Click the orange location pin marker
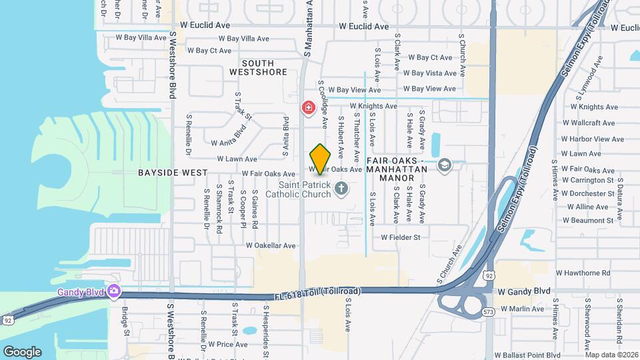[321, 159]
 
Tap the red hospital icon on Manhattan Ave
[308, 107]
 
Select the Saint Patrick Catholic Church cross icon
[341, 189]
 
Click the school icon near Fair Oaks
[445, 165]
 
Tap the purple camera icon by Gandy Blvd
[115, 291]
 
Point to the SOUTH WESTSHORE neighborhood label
[258, 67]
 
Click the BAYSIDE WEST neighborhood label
[163, 172]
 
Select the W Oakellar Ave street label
[270, 245]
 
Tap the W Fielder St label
[401, 237]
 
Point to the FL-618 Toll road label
[317, 293]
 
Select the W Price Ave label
[227, 344]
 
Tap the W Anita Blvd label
[229, 142]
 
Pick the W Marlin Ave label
[522, 308]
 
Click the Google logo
[22, 351]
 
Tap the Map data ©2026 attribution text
[611, 355]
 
